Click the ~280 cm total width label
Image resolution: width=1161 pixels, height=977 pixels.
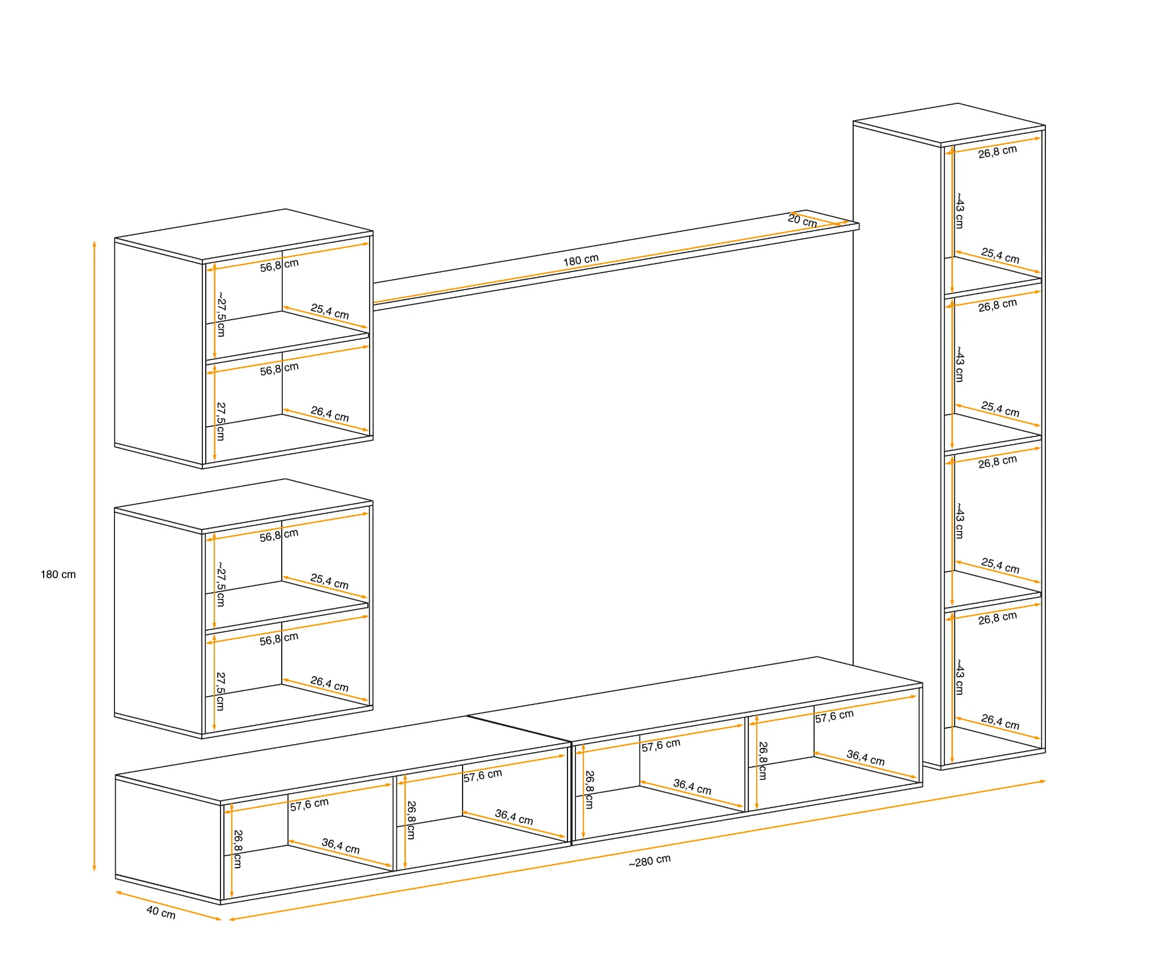coord(650,861)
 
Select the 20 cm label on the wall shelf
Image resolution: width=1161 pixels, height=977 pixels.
coord(802,220)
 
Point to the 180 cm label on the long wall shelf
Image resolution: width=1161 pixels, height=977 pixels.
coord(581,260)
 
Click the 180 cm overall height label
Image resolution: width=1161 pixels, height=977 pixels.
coord(58,575)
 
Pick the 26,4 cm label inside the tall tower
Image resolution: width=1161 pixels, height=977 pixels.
coord(1000,722)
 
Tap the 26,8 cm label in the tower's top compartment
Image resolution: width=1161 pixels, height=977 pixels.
coord(998,151)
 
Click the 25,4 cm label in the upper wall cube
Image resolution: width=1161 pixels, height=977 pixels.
coord(330,312)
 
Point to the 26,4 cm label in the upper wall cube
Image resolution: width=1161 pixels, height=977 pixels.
coord(330,414)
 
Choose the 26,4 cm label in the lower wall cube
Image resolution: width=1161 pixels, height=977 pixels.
coord(329,684)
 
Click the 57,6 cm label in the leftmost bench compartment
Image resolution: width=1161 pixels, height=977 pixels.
coord(310,804)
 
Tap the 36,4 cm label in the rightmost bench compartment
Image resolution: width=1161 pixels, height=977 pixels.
coord(866,758)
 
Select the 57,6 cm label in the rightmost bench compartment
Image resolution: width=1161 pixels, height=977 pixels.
coord(834,716)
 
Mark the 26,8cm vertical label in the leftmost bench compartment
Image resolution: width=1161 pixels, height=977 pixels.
coord(238,849)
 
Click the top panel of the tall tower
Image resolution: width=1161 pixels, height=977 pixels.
coord(950,123)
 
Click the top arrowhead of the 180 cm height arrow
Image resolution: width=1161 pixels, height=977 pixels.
coord(95,244)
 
